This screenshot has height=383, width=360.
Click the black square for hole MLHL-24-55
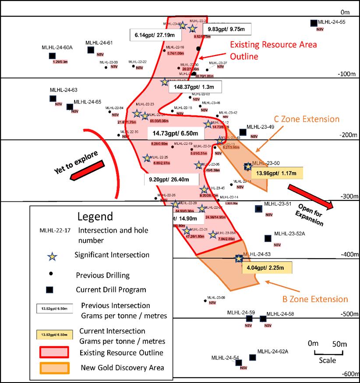coord(314,23)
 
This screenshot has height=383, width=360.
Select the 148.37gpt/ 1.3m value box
coord(195,87)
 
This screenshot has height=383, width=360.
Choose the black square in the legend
coord(50,289)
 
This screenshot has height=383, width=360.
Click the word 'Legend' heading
coord(95,216)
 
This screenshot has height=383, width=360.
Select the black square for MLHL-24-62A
coord(252,357)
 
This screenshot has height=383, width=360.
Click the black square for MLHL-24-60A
coord(52,55)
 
